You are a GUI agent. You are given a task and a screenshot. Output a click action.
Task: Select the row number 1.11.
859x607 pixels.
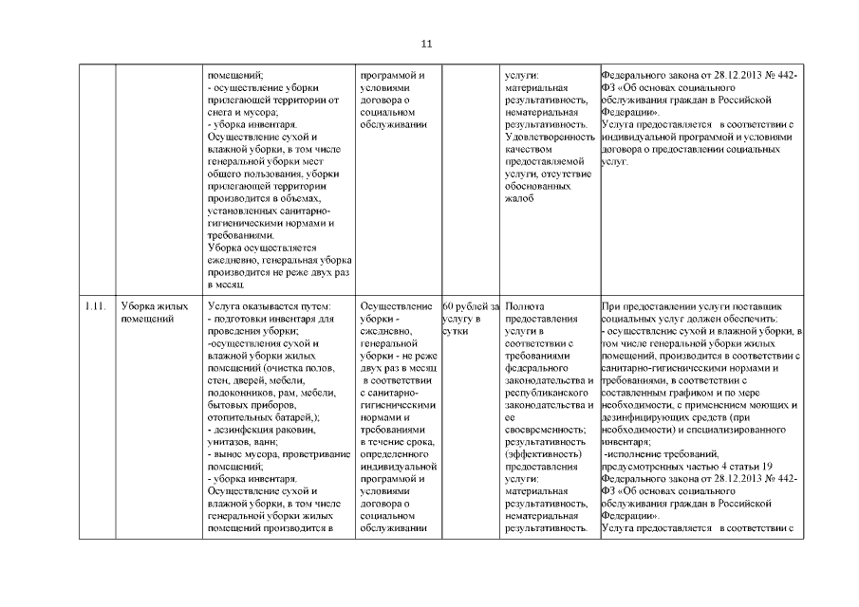93,306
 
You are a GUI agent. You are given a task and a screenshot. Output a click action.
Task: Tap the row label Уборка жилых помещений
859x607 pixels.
153,312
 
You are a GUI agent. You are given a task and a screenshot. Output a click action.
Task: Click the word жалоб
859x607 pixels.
521,198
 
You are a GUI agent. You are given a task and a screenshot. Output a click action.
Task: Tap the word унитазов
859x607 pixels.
232,442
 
